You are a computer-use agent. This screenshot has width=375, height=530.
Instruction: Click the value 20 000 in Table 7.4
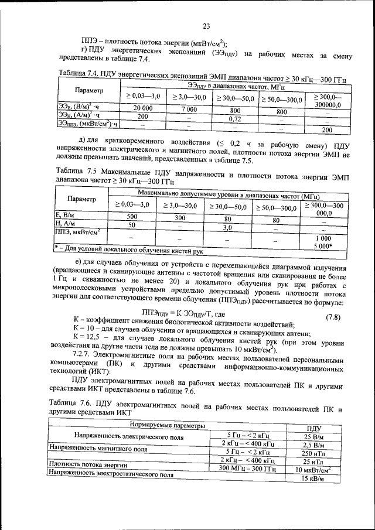tap(142, 108)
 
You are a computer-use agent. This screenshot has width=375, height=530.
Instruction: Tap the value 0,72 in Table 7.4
tap(235, 119)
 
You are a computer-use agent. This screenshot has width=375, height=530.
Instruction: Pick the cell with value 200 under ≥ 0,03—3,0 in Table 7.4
tap(142, 117)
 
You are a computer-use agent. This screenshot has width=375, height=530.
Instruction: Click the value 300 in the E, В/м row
tap(180, 217)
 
